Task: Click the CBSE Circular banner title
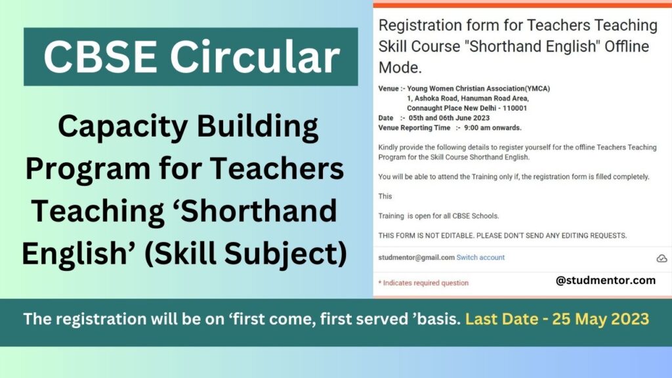[x=191, y=57]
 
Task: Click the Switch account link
[x=480, y=257]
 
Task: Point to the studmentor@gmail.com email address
[x=416, y=257]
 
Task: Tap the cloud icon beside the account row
[x=661, y=259]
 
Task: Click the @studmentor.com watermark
[x=605, y=280]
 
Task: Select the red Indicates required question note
[x=423, y=283]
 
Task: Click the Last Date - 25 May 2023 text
[x=557, y=320]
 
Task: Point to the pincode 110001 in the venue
[x=513, y=108]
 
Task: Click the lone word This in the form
[x=385, y=196]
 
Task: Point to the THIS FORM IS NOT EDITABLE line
[x=503, y=235]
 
